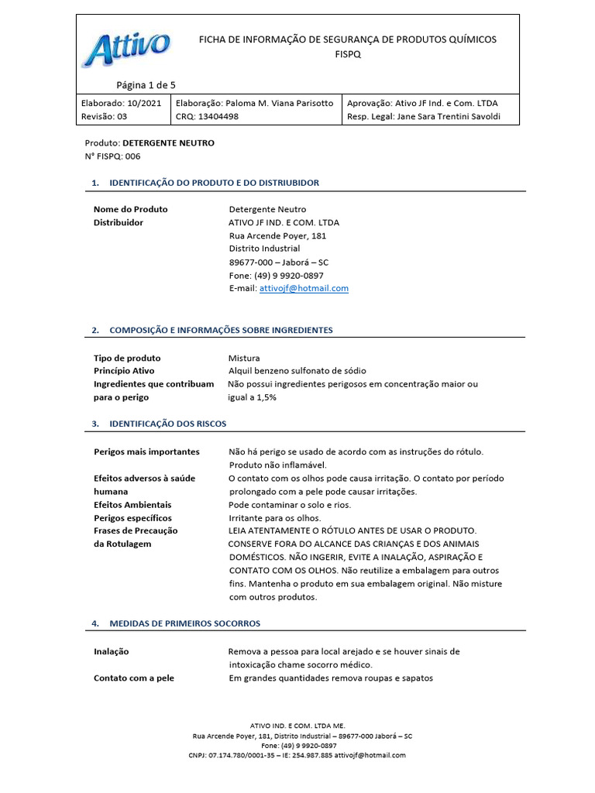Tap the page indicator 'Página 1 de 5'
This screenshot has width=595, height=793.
click(x=146, y=85)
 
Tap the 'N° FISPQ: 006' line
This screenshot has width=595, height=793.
click(x=112, y=156)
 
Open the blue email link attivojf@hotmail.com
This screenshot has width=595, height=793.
click(x=304, y=288)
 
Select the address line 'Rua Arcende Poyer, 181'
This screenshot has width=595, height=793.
click(x=277, y=235)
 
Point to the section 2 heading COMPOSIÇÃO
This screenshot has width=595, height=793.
click(x=221, y=330)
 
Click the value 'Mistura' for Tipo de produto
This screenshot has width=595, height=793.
click(x=244, y=358)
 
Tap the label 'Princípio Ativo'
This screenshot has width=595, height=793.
click(x=124, y=371)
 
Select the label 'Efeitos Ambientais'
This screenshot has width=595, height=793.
click(x=132, y=504)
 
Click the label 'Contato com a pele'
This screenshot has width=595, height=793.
click(x=133, y=678)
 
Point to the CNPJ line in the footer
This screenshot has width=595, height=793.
click(x=297, y=755)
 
